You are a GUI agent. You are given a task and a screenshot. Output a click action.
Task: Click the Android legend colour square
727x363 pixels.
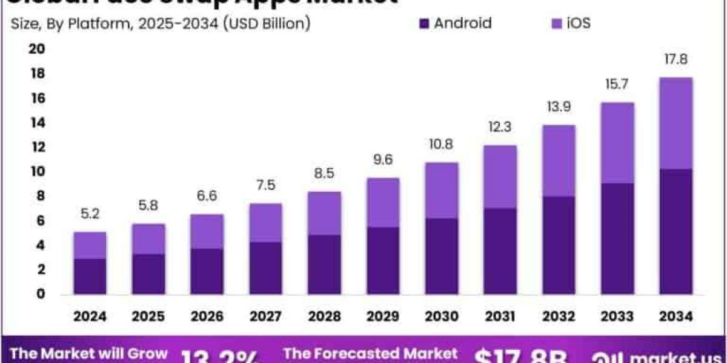[423, 24]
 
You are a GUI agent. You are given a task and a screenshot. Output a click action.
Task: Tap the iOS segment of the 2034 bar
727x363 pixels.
[676, 123]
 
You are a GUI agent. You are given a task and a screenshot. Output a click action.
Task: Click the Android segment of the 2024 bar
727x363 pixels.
[90, 276]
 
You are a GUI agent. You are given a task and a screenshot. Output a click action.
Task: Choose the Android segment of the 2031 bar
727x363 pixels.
[500, 251]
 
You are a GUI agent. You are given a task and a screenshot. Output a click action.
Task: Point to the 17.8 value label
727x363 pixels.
[676, 60]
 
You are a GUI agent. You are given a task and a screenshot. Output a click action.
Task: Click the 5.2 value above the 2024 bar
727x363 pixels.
[90, 214]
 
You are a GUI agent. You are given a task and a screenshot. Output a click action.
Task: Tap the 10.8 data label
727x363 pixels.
[441, 145]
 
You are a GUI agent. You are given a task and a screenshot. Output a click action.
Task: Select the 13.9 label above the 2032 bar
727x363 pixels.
[559, 106]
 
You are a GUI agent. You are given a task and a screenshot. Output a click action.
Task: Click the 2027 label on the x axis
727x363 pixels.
[266, 316]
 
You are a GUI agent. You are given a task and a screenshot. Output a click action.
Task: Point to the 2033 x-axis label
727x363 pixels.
[617, 316]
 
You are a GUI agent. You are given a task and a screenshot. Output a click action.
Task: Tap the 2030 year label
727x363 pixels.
[442, 316]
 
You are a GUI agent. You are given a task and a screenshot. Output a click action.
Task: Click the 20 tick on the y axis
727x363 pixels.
[38, 49]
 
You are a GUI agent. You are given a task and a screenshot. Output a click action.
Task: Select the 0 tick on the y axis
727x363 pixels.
[40, 295]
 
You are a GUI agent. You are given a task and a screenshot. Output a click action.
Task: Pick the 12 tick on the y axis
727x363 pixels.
[38, 147]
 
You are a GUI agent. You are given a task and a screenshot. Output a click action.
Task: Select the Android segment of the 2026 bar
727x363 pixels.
[207, 271]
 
